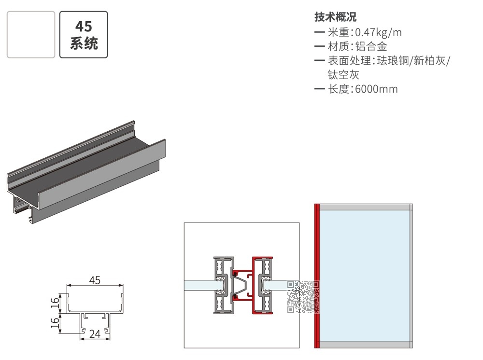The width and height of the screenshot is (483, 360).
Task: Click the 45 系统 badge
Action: (84, 34)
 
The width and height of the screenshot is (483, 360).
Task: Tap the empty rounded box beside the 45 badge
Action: (31, 34)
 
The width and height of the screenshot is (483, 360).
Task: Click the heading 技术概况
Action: (336, 17)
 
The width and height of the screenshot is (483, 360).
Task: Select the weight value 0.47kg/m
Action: (378, 32)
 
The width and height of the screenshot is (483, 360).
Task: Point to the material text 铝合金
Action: (371, 46)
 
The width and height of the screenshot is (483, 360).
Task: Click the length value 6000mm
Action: (376, 89)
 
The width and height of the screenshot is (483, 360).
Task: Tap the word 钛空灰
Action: (343, 75)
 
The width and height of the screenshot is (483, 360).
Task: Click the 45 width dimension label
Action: (95, 280)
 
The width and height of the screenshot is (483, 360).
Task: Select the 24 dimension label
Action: (95, 334)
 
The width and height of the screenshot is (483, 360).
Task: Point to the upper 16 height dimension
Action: (55, 303)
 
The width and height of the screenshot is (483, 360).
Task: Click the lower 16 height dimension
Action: (55, 323)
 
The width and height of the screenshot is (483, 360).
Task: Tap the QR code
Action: (303, 297)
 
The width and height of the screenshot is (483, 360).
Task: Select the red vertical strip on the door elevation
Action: (317, 276)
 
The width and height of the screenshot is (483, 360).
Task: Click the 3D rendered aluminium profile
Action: (86, 172)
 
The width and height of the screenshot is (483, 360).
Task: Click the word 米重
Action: (338, 32)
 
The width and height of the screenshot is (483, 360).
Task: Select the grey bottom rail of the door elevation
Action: (366, 345)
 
